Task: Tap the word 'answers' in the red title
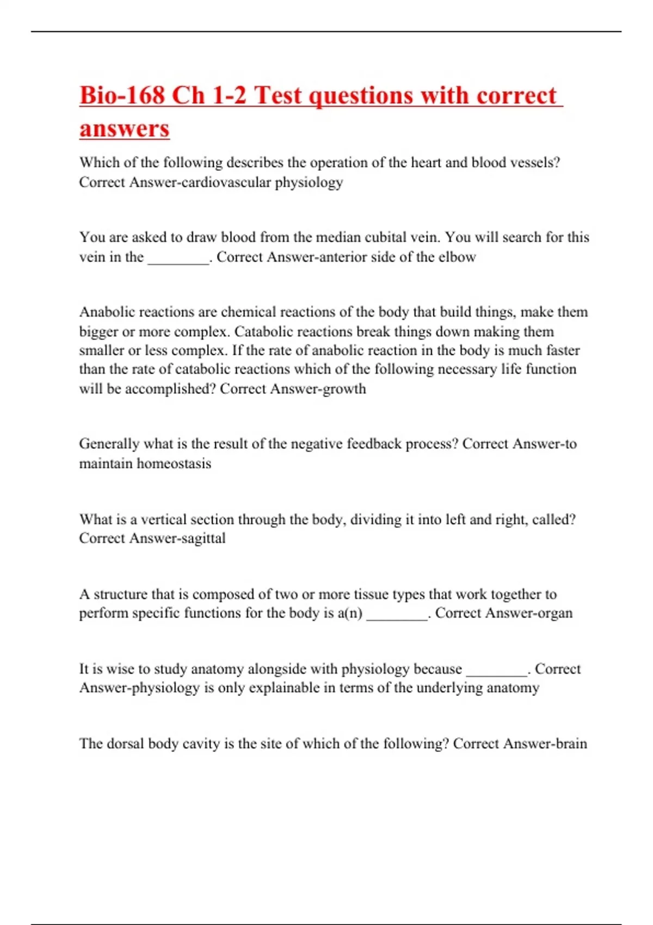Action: click(125, 129)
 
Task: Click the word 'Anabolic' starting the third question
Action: click(107, 312)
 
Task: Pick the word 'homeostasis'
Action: click(174, 464)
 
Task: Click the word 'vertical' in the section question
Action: click(163, 519)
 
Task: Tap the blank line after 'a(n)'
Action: click(397, 613)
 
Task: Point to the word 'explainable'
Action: click(284, 688)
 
